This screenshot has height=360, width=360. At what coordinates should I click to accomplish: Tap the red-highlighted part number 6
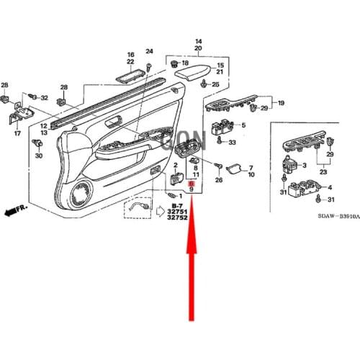192,184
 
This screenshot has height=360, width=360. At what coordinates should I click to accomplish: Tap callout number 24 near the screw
150,51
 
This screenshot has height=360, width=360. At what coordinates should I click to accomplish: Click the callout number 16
131,55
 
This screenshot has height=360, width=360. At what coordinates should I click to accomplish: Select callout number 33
232,143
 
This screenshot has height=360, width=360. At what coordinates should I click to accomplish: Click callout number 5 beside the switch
243,125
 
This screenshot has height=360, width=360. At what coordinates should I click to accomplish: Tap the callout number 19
281,103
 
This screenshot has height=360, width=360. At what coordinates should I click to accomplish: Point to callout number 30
39,156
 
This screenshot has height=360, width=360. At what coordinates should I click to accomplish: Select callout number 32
43,97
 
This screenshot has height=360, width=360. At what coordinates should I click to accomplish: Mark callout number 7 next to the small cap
251,166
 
